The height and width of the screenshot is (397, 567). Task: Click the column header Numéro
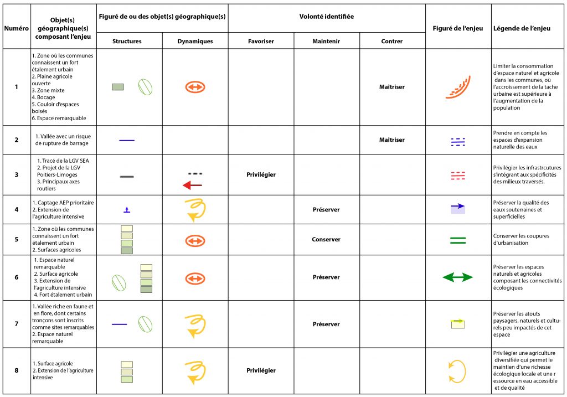click(16, 28)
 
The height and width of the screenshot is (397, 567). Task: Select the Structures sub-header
click(127, 41)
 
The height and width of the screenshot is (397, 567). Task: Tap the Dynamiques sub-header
click(195, 41)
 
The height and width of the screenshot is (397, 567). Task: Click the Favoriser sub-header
click(260, 41)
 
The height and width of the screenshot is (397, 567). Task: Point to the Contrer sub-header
click(392, 41)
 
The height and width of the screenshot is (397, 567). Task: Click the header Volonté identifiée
click(326, 17)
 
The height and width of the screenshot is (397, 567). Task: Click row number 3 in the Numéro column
click(16, 175)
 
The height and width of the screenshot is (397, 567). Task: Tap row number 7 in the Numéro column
click(16, 324)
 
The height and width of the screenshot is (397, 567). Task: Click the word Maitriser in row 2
click(392, 140)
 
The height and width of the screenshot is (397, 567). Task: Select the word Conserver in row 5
click(326, 240)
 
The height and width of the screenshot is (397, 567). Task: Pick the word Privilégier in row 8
click(260, 370)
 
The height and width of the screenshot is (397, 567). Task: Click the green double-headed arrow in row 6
click(457, 277)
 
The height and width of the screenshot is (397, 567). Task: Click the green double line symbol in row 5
click(457, 240)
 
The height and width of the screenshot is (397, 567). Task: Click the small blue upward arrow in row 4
click(127, 209)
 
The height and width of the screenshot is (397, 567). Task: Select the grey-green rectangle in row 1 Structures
click(118, 87)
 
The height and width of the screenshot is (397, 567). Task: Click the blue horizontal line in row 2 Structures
click(127, 141)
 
